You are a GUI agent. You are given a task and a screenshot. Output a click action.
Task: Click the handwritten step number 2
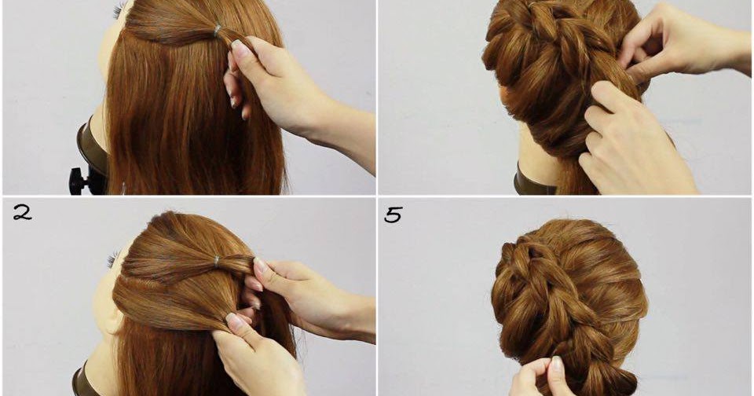point(22,211)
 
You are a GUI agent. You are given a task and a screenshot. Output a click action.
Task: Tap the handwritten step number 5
point(393,214)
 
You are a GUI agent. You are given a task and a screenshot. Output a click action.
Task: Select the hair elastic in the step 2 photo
point(217,259)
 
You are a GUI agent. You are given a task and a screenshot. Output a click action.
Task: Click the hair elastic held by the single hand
point(218,31)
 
